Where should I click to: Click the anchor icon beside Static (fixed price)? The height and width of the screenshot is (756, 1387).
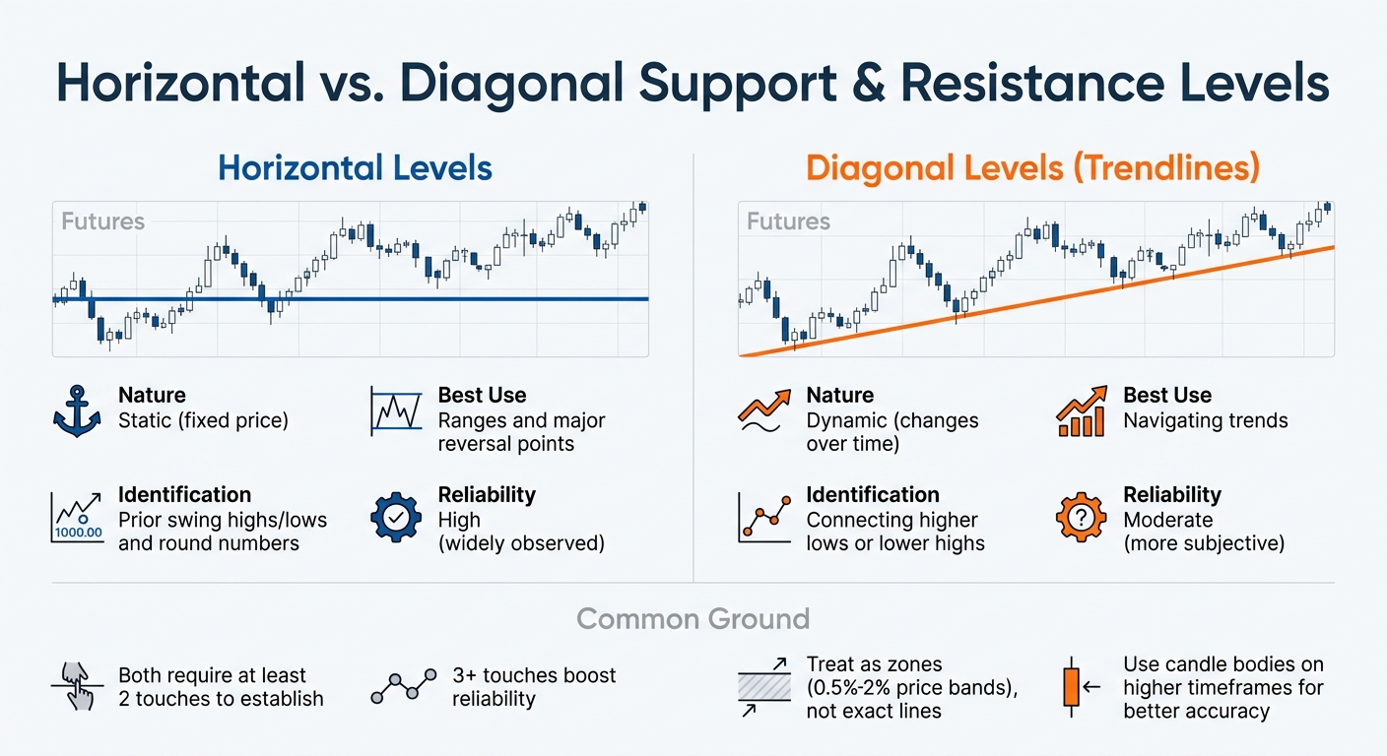[x=77, y=409]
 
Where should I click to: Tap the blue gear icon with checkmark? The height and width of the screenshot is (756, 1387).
[x=396, y=518]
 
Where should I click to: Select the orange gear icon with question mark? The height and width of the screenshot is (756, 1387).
[x=1082, y=518]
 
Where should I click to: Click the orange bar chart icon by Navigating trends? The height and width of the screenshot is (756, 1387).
[x=1082, y=411]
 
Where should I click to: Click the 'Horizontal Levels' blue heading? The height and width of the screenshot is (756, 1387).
[x=355, y=168]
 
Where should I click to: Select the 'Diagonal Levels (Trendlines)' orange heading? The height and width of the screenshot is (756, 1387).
[x=1032, y=168]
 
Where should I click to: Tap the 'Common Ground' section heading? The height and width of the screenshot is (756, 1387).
[x=693, y=619]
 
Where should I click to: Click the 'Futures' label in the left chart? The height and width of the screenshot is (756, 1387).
[x=102, y=221]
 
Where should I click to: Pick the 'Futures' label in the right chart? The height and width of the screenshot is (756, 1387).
[x=788, y=221]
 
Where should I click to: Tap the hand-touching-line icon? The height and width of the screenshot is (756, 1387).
[x=77, y=686]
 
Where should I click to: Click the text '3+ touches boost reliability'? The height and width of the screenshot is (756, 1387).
[x=534, y=687]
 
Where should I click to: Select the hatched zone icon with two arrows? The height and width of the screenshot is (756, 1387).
[x=764, y=686]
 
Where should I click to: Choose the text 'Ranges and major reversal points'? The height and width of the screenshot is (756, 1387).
[x=521, y=432]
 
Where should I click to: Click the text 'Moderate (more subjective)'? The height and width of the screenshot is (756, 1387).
[x=1204, y=531]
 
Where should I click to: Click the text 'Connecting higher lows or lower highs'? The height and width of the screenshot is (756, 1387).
[x=894, y=531]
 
